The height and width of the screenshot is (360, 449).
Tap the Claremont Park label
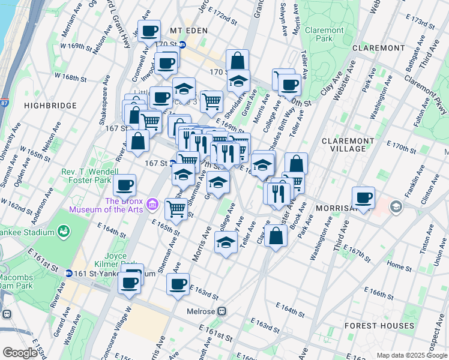pyautogui.click(x=324, y=34)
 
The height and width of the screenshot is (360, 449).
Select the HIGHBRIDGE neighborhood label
pyautogui.click(x=50, y=106)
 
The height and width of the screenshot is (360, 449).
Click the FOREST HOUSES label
pyautogui.click(x=379, y=326)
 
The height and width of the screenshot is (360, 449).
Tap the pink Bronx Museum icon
pyautogui.click(x=152, y=205)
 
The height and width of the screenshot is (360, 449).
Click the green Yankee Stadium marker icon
pyautogui.click(x=63, y=231)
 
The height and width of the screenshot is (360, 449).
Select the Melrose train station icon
pyautogui.click(x=221, y=311)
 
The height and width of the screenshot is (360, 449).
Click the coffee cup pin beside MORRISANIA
pyautogui.click(x=363, y=197)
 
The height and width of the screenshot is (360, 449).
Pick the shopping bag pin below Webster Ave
pyautogui.click(x=276, y=236)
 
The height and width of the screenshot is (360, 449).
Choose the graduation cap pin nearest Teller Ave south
pyautogui.click(x=225, y=243)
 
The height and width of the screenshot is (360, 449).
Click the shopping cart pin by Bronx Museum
pyautogui.click(x=176, y=208)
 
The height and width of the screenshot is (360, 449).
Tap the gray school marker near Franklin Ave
pyautogui.click(x=396, y=207)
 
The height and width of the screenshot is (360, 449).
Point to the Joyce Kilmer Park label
pyautogui.click(x=110, y=259)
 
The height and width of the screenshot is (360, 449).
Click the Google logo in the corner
pyautogui.click(x=20, y=352)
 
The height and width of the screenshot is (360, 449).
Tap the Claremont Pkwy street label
pyautogui.click(x=424, y=96)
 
